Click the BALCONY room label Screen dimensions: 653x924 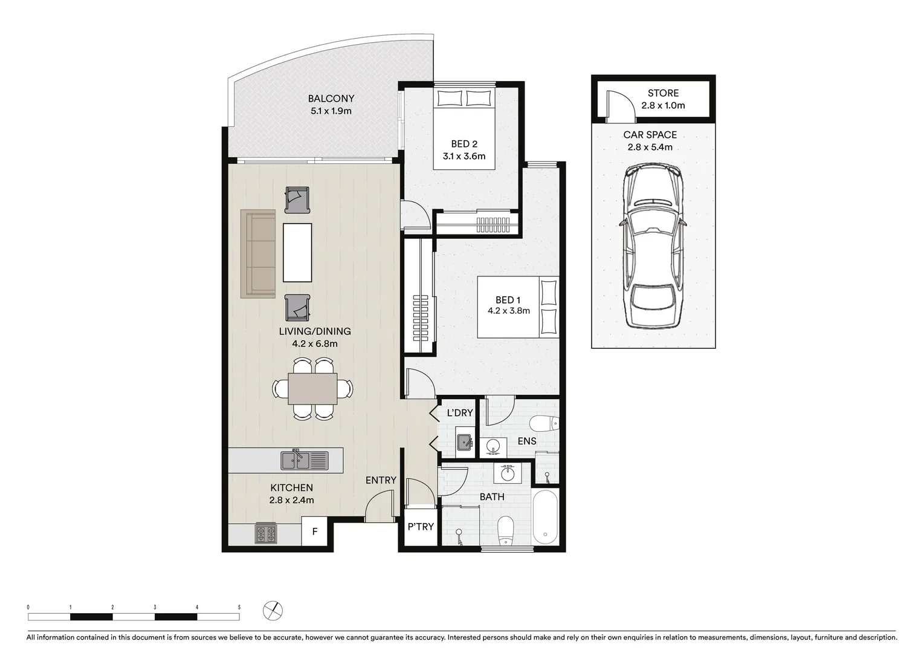(x=331, y=99)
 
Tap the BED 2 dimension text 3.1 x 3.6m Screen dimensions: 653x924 (x=464, y=156)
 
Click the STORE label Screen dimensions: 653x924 (x=663, y=93)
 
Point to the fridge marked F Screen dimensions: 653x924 (x=314, y=532)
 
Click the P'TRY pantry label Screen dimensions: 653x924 (x=421, y=527)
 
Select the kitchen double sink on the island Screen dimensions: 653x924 (x=304, y=461)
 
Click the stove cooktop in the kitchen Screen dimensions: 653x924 (x=266, y=533)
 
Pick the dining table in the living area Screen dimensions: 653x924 (x=312, y=388)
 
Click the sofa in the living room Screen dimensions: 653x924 (x=258, y=253)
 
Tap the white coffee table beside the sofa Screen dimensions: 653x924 (x=297, y=252)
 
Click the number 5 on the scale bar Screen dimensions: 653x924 (x=239, y=607)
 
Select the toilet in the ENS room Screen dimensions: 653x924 (x=543, y=423)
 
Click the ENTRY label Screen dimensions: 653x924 (x=381, y=480)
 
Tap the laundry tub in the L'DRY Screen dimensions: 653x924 (x=464, y=443)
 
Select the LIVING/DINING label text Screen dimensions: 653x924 (x=314, y=331)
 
